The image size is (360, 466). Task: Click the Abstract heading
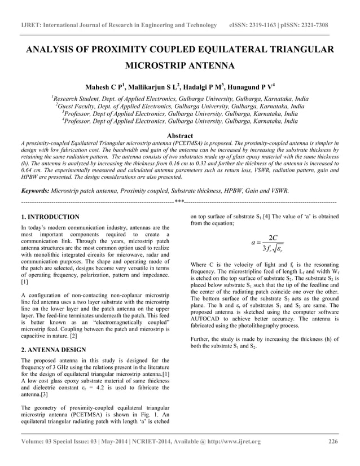click(x=179, y=136)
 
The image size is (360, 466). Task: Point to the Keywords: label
click(x=38, y=191)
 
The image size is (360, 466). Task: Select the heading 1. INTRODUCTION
click(x=50, y=217)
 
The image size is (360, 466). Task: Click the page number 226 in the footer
click(x=333, y=441)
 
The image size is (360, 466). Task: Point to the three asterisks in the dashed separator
click(x=179, y=201)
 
